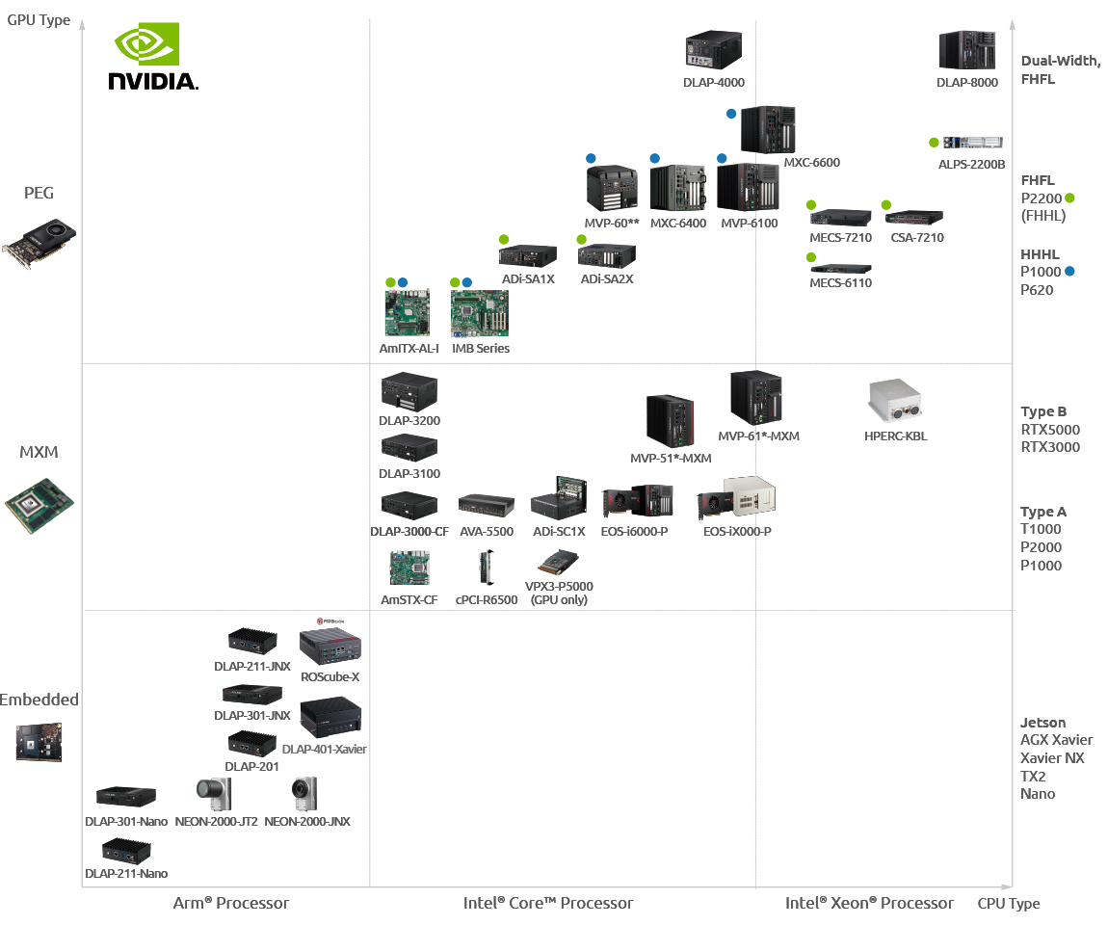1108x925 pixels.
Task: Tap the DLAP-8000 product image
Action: pos(966,50)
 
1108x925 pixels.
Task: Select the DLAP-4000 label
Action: pos(714,83)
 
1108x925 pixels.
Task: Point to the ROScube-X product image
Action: pos(330,644)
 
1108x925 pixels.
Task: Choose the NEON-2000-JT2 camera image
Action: pos(214,794)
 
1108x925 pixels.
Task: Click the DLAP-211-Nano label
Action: pos(126,874)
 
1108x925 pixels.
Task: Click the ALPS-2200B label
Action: pos(971,165)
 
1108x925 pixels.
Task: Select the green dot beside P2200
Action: pos(1069,198)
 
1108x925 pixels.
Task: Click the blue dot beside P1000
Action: pos(1069,272)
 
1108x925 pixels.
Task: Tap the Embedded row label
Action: pos(40,700)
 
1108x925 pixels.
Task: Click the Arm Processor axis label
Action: pos(231,904)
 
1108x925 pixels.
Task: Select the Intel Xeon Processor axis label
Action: pos(869,904)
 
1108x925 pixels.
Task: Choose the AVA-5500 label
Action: pos(486,532)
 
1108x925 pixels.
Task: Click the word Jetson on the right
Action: pos(1043,723)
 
